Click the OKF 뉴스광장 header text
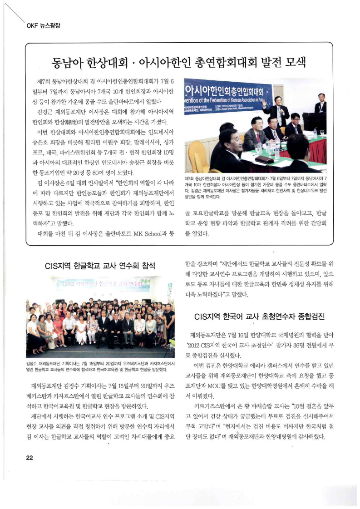[43, 25]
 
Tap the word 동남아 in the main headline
[67, 62]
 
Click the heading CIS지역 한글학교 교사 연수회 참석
[100, 266]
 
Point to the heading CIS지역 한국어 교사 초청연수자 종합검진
[259, 316]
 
